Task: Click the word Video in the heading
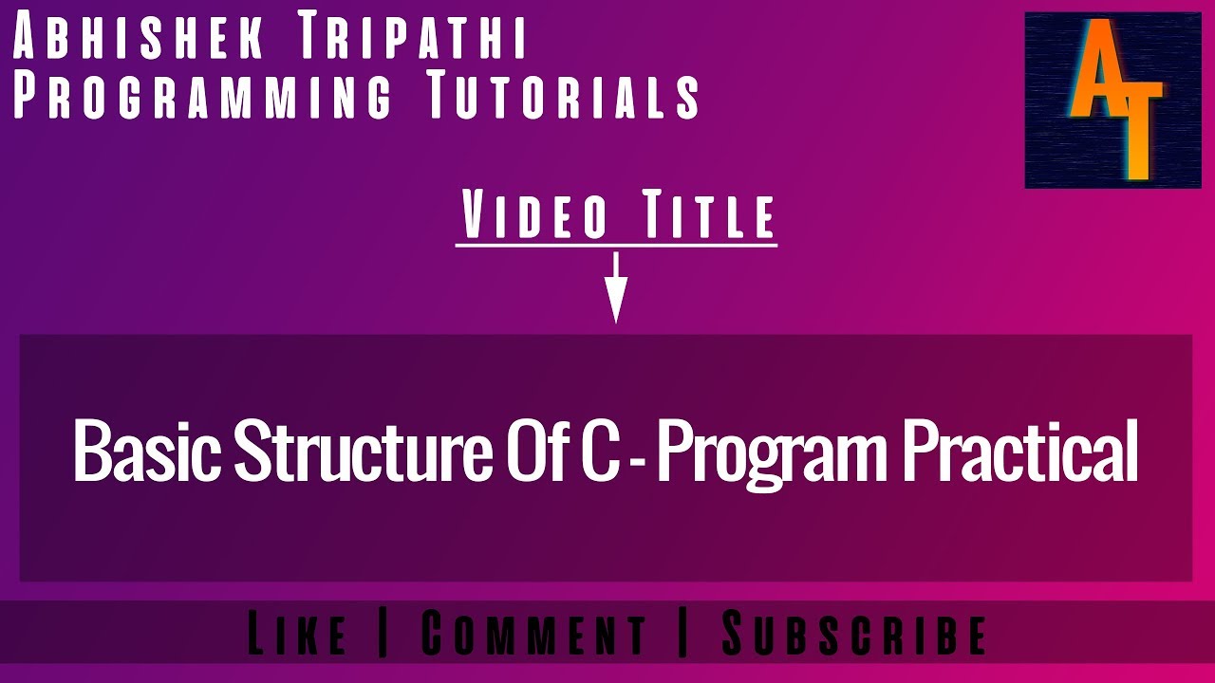[535, 216]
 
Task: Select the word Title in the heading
[710, 216]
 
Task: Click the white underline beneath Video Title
[616, 246]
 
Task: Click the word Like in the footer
[297, 634]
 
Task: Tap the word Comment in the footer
[533, 634]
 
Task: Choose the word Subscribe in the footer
[854, 634]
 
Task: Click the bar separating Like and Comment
[383, 634]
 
